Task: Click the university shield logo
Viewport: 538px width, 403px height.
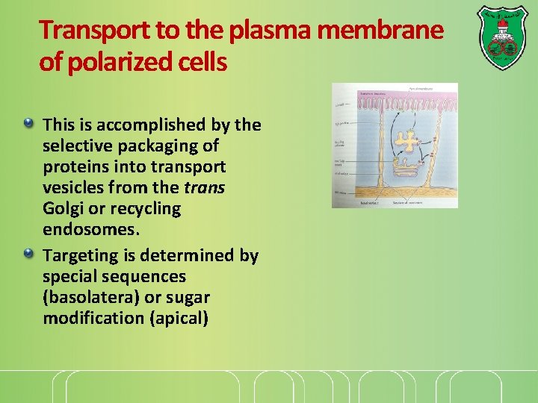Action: pos(501,37)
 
